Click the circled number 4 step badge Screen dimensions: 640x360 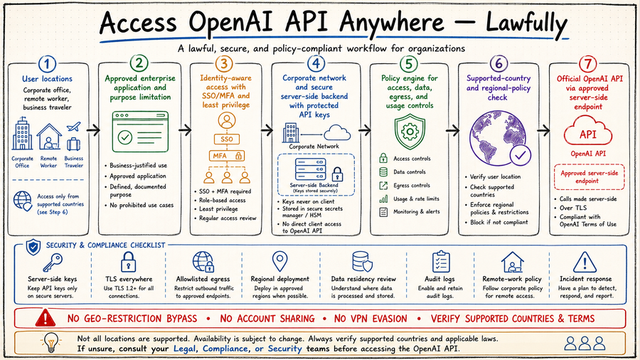[316, 63]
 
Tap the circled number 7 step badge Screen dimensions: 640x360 [588, 64]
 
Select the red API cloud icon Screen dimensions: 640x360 [588, 131]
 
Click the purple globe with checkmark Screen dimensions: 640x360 [500, 137]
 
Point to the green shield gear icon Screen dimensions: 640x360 [410, 132]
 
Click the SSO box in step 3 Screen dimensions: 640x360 [227, 139]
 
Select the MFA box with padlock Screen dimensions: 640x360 [227, 156]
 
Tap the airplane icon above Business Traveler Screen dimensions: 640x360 [73, 127]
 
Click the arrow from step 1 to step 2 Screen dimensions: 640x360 [93, 130]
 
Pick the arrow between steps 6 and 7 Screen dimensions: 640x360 [543, 131]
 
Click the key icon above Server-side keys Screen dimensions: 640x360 [53, 263]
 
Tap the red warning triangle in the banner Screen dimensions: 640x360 [46, 318]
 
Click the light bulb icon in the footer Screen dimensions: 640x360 [51, 342]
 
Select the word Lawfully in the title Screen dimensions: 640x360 [526, 23]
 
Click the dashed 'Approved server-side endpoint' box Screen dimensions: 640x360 [589, 177]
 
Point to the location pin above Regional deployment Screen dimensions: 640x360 [279, 261]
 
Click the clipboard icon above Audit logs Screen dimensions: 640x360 [441, 262]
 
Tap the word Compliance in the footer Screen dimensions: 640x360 [225, 349]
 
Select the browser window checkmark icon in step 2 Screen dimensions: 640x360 [140, 132]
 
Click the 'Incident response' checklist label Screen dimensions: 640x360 [585, 279]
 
